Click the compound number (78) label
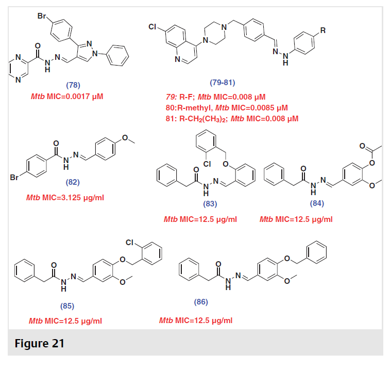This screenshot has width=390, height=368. [73, 85]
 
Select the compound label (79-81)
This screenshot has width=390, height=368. [223, 83]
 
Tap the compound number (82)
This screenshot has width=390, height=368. [73, 182]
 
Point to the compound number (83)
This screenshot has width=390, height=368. [210, 204]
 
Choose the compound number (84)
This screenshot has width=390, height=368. [317, 203]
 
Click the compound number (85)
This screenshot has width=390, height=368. [67, 306]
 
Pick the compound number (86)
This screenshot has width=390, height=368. [201, 302]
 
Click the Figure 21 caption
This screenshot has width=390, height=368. [39, 343]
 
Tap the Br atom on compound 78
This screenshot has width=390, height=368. [42, 16]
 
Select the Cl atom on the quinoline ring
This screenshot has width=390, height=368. [152, 27]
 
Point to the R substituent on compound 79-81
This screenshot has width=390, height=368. [323, 30]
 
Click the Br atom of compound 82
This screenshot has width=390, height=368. [14, 177]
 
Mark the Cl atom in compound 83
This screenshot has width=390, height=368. [207, 164]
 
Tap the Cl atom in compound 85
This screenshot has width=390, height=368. [130, 242]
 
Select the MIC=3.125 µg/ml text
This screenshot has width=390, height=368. [73, 198]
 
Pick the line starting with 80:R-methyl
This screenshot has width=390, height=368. [227, 108]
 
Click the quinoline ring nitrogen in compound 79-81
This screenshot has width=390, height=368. [177, 59]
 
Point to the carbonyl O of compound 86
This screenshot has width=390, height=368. [218, 264]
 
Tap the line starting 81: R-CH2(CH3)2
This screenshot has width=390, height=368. [232, 119]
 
